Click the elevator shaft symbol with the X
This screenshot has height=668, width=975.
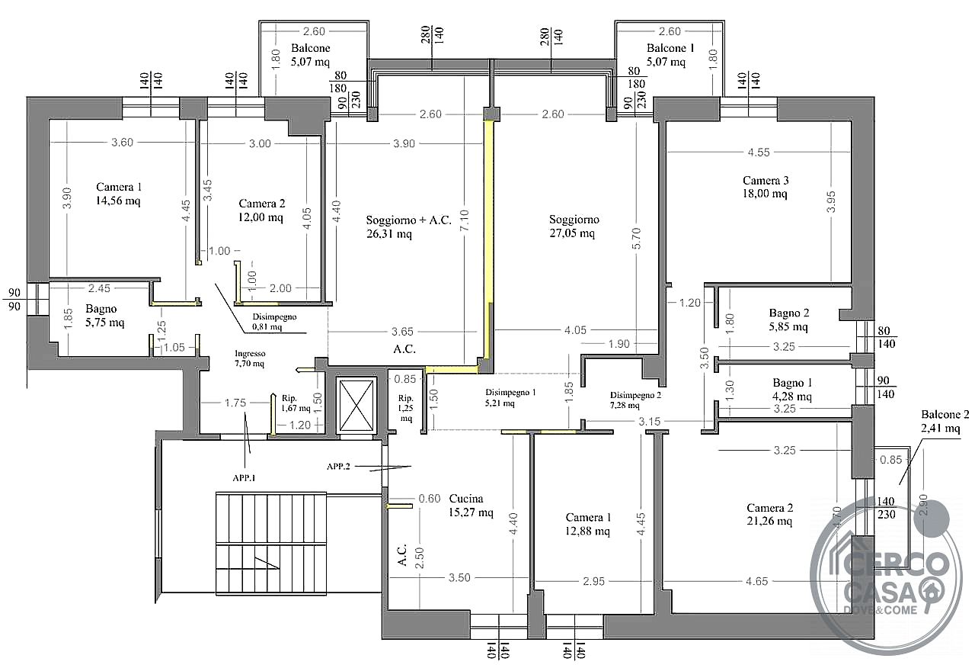[356, 406]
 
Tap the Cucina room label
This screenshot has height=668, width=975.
[465, 499]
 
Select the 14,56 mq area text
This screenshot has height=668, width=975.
[118, 201]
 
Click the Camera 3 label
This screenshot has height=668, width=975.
[766, 181]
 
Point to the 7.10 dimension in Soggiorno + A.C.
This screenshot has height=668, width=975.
[465, 221]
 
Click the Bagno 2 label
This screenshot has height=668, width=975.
[788, 313]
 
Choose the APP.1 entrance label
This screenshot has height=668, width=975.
[244, 478]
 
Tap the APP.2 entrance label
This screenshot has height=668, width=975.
[338, 467]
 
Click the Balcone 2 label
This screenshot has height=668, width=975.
[945, 414]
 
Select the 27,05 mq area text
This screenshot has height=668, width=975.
[572, 233]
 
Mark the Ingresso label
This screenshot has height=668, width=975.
[250, 353]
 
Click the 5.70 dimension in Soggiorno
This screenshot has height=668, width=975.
[636, 239]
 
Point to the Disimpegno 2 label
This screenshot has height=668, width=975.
[635, 395]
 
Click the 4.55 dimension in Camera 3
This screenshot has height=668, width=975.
[759, 152]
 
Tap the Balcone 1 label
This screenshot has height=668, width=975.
[670, 48]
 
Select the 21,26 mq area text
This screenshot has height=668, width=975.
[769, 521]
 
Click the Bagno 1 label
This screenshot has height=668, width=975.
[792, 383]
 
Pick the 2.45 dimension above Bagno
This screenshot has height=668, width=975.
[99, 288]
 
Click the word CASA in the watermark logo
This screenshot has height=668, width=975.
[880, 591]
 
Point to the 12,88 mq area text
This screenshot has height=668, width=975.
[587, 532]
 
